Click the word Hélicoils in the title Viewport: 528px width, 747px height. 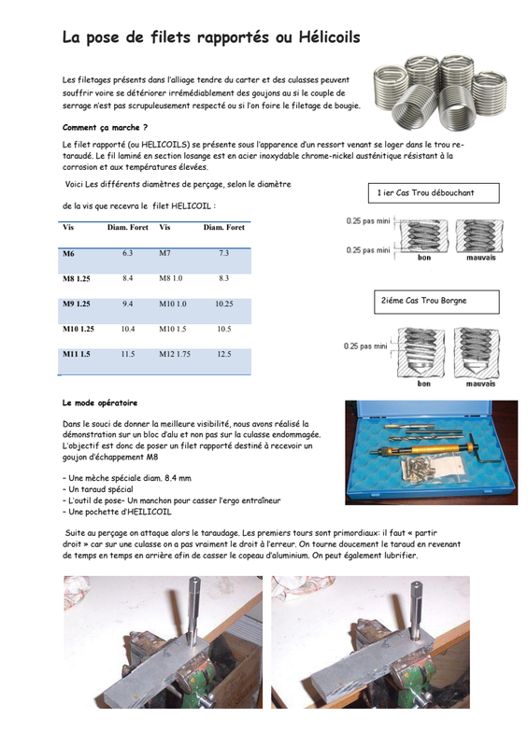tap(329, 36)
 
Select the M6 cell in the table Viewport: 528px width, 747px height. tap(68, 253)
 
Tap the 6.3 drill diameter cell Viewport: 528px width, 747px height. tap(127, 253)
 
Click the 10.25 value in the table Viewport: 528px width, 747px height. tap(223, 303)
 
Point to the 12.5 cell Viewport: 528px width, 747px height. tap(223, 354)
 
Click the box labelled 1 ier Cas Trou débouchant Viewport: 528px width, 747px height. tap(434, 193)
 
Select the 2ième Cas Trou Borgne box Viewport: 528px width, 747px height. tap(436, 302)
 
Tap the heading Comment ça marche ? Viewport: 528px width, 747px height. tap(105, 127)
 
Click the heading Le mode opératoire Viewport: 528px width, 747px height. tap(100, 402)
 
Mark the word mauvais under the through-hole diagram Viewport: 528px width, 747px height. tap(480, 258)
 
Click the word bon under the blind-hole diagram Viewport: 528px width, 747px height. tap(423, 384)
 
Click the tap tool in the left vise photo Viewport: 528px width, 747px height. tap(193, 609)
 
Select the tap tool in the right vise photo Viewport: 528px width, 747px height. tap(416, 609)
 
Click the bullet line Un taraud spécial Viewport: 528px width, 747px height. tap(98, 489)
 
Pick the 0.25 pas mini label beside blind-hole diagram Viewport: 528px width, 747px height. tap(365, 345)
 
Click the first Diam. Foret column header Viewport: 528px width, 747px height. tap(127, 227)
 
